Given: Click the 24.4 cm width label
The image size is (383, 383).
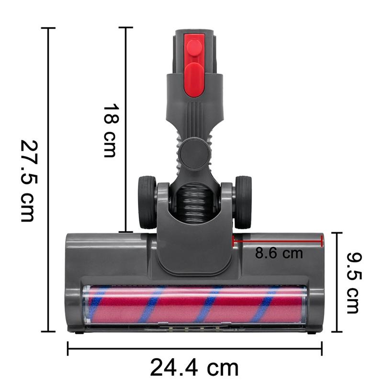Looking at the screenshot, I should point(194,368).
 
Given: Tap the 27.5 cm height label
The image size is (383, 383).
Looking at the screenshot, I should point(28,180).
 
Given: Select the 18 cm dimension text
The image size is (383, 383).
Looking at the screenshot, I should point(110,130).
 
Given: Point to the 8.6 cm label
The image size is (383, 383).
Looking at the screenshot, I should point(279,253).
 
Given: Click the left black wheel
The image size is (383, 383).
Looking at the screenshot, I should point(146,202).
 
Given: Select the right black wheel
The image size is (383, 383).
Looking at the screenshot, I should point(243,202).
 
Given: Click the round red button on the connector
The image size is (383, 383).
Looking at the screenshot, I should point(194,47).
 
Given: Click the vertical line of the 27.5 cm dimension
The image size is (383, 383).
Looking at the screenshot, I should point(48,180).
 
